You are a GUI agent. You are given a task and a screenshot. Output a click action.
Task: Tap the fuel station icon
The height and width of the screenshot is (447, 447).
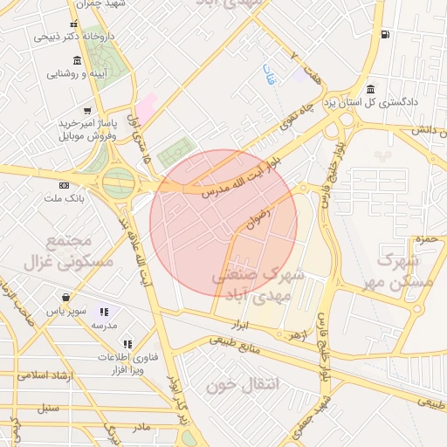click(385, 35)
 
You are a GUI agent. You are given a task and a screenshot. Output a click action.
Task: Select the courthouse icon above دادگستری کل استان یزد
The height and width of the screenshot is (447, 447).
click(371, 89)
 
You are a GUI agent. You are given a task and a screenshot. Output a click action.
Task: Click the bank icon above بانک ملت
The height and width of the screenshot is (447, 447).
click(64, 186)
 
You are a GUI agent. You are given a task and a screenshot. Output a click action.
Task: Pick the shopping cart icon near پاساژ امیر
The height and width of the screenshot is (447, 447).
click(86, 111)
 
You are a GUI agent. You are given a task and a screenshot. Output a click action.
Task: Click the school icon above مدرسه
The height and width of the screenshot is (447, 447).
click(104, 312)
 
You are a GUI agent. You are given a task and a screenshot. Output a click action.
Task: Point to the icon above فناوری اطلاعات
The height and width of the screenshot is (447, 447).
click(127, 345)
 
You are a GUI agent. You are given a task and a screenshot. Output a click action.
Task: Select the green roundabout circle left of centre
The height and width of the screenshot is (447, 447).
click(118, 183)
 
